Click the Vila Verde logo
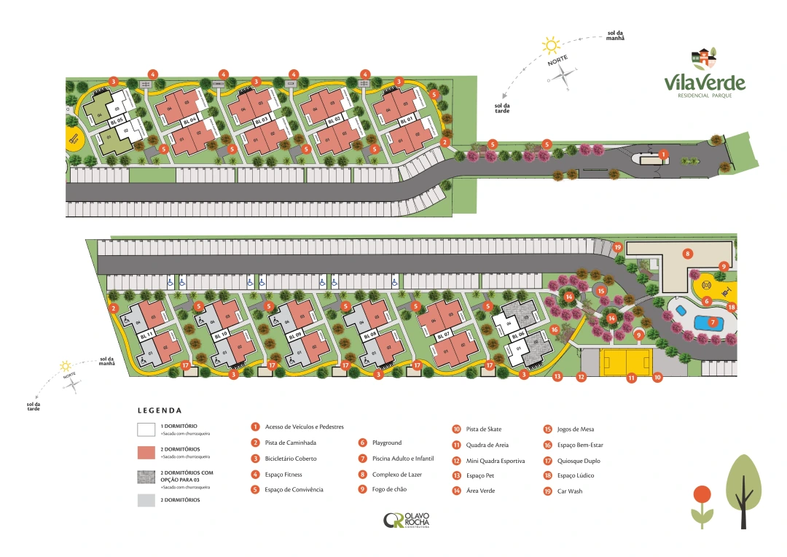(x=704, y=76)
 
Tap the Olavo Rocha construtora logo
(x=407, y=521)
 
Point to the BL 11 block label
(x=144, y=335)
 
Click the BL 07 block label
(x=443, y=335)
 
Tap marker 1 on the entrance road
(x=663, y=155)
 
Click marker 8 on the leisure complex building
(x=686, y=254)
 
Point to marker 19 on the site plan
(x=617, y=247)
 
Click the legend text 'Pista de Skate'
(x=483, y=429)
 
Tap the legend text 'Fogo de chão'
(x=387, y=489)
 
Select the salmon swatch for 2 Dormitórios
(x=146, y=453)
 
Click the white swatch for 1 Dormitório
(x=146, y=429)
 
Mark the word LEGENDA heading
(x=160, y=410)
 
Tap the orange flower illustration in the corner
(x=702, y=495)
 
